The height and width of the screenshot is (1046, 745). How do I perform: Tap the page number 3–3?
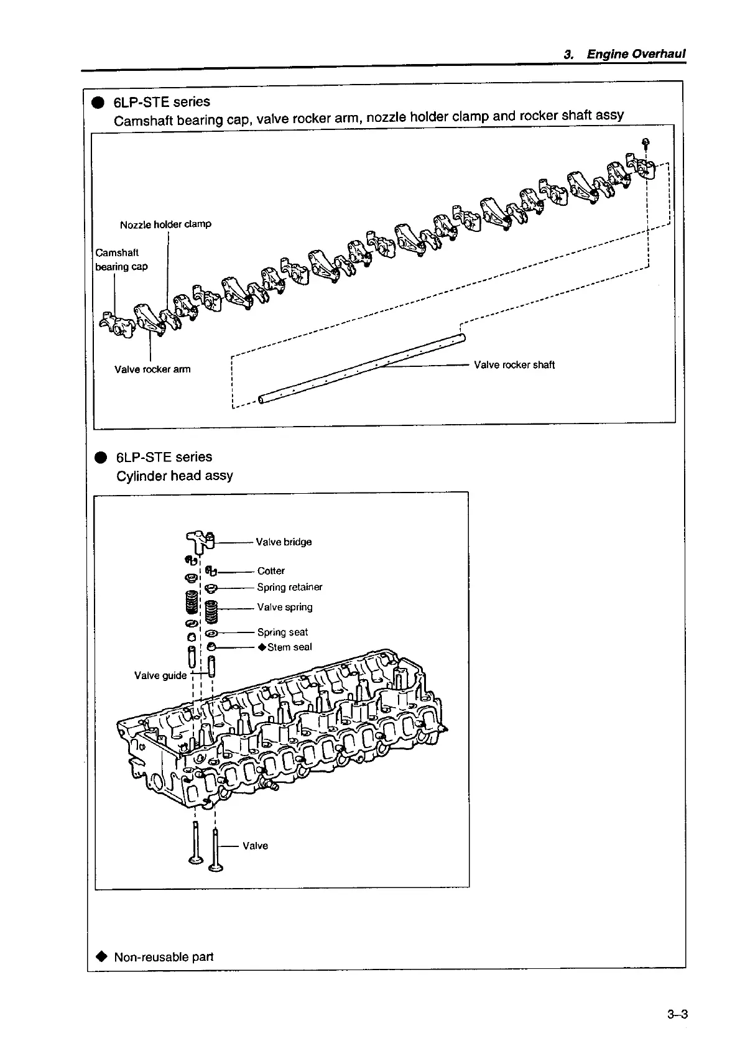677,1014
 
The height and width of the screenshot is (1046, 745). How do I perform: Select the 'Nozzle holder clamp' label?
165,224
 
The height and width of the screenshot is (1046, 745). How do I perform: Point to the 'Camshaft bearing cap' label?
121,259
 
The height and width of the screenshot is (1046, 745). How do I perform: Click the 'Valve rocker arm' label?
152,369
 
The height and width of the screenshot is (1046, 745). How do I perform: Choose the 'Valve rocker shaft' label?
514,365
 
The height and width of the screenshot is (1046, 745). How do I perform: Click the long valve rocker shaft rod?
361,370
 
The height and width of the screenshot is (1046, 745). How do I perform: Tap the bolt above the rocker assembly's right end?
646,142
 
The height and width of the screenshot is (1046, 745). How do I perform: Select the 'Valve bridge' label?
284,542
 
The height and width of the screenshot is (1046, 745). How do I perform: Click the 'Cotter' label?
271,571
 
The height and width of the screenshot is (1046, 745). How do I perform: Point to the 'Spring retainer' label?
289,587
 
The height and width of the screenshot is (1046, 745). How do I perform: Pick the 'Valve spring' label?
285,607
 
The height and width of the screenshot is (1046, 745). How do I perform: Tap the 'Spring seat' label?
282,632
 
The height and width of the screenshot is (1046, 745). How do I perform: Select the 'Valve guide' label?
160,675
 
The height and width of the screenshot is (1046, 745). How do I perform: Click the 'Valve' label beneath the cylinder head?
255,846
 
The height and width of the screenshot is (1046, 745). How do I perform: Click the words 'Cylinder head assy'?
175,476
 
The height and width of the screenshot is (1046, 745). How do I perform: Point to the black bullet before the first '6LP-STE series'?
98,103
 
